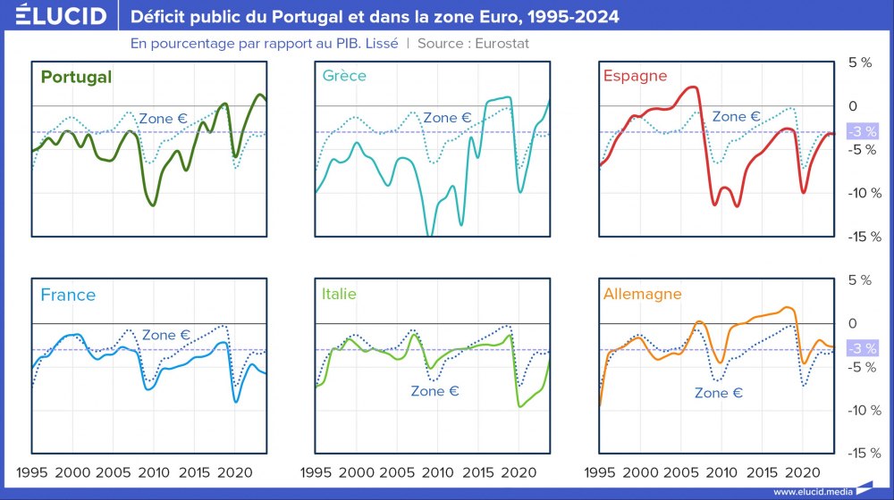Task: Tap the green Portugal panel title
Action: pos(76,77)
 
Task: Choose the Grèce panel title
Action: pos(344,76)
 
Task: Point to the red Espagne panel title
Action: pos(635,76)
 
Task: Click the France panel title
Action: pos(68,295)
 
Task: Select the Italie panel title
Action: pos(339,294)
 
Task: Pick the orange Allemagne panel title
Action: pos(642,294)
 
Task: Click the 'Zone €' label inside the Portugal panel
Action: pos(163,118)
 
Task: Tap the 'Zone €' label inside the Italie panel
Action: pos(434,390)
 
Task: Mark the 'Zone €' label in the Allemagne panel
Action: pos(719,393)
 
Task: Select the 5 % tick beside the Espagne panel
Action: pos(859,62)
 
